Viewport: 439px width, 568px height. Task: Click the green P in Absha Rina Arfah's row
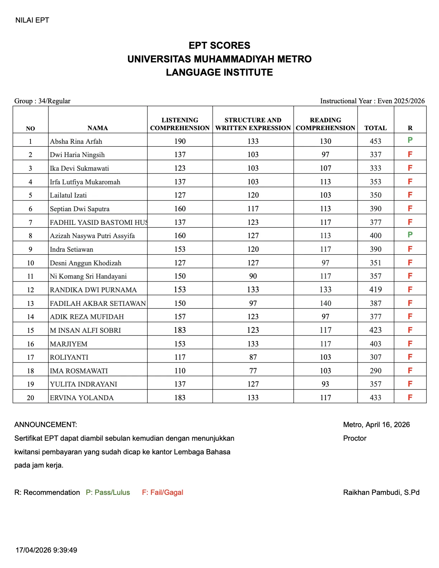tap(410, 140)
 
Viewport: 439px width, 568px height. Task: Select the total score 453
tap(376, 141)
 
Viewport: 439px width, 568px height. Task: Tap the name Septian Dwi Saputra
tap(80, 209)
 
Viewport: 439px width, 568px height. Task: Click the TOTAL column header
tap(376, 128)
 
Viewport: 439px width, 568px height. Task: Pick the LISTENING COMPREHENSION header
tap(180, 124)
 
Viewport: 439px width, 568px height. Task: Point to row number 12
tap(30, 290)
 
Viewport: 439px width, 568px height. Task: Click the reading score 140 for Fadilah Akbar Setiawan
tap(325, 303)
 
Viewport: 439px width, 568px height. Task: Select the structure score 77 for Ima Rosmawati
tap(253, 371)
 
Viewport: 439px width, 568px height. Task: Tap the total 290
tap(376, 371)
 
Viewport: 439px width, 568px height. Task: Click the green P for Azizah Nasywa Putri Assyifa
tap(410, 235)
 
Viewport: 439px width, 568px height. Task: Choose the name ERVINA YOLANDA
tap(82, 398)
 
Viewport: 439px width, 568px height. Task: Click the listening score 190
tap(180, 141)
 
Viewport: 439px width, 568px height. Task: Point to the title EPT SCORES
tap(219, 46)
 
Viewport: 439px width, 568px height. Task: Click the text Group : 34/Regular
tap(42, 101)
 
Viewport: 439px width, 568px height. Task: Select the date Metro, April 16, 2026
tap(376, 425)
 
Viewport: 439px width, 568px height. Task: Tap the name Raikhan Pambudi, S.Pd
tap(381, 492)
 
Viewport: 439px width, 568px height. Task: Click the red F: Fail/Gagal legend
tap(162, 492)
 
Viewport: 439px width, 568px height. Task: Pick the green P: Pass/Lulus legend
tap(108, 492)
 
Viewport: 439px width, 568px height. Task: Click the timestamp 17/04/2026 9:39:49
tap(46, 550)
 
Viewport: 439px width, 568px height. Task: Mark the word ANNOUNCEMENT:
tap(46, 425)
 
